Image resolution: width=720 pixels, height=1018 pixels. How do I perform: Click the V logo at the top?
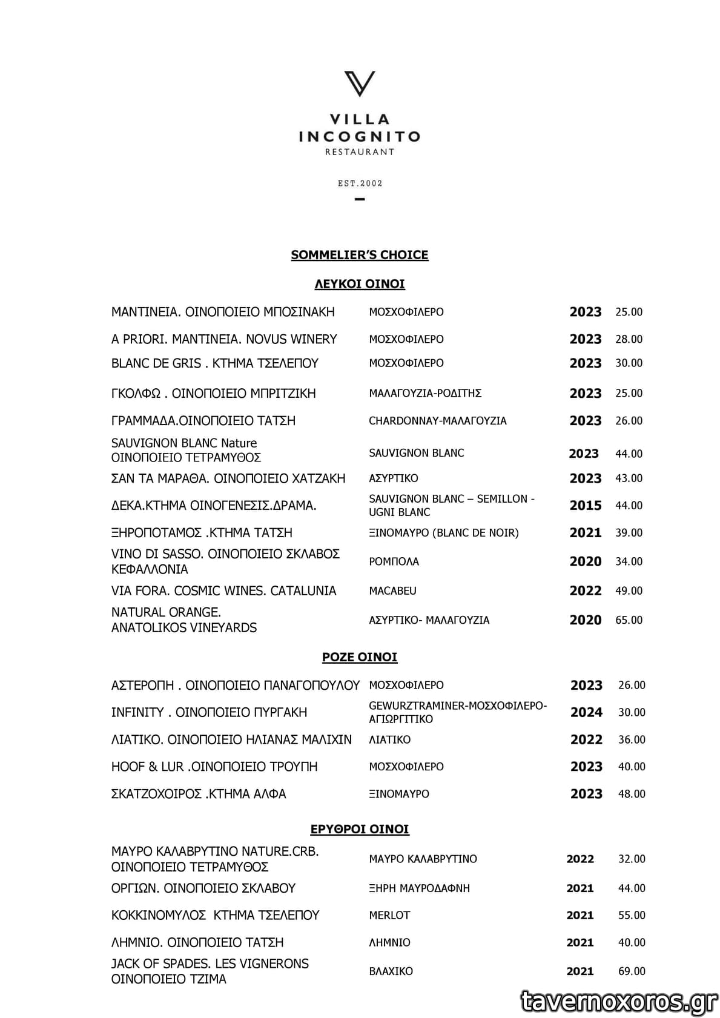[x=360, y=84]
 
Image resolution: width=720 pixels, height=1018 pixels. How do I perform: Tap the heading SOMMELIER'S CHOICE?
[x=360, y=255]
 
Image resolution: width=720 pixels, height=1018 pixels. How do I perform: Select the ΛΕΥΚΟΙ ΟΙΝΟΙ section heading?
[x=360, y=283]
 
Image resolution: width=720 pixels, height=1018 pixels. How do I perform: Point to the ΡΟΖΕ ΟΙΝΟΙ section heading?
[x=360, y=657]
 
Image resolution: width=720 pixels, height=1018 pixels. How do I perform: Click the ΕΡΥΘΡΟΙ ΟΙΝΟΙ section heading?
[x=360, y=829]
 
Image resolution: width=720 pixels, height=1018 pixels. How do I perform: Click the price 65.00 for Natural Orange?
[x=629, y=620]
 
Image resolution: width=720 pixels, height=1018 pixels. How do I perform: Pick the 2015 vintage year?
[x=586, y=506]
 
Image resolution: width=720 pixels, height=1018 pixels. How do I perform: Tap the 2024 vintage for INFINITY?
[x=586, y=713]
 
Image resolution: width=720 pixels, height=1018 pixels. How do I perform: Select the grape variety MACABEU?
[x=392, y=590]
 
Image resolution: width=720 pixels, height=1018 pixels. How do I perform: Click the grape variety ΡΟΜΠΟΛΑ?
[x=394, y=561]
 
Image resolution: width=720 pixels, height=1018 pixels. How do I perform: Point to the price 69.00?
[x=632, y=971]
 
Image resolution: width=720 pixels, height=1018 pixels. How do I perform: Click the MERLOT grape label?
[x=389, y=915]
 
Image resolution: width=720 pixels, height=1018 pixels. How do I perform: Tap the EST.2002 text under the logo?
[x=360, y=183]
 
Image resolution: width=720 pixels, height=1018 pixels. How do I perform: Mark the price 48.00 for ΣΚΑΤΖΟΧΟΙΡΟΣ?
[x=632, y=794]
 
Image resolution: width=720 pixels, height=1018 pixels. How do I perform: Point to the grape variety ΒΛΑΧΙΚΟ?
[x=391, y=971]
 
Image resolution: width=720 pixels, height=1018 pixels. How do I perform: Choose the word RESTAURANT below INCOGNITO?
[x=360, y=152]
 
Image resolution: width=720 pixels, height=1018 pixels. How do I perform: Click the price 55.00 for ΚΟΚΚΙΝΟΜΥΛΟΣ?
[x=632, y=915]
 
